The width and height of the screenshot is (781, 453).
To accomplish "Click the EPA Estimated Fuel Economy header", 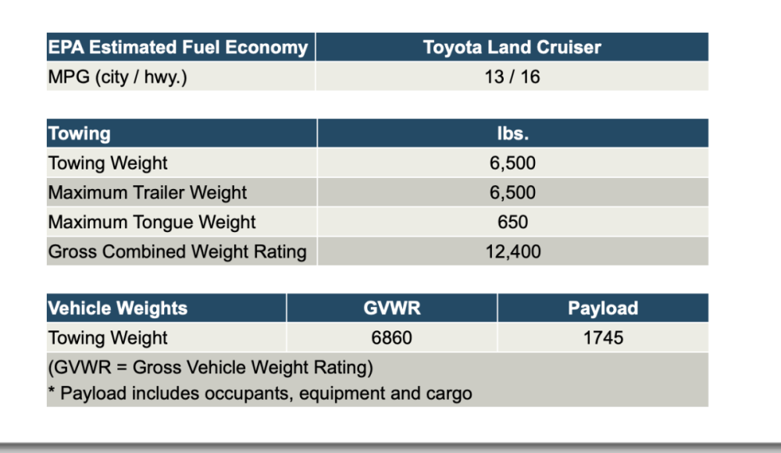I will pos(178,48).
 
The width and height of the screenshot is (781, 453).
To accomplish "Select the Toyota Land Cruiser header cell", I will pos(512,48).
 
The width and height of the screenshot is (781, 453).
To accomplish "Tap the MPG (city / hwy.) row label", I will pos(118,77).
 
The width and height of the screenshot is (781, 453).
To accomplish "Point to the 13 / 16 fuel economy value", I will pos(512,77).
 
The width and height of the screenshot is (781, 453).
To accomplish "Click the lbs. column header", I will pos(512,134).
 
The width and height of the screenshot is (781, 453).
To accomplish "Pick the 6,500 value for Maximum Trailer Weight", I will pos(512,193).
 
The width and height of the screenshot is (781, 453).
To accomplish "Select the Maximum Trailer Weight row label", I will pos(148,193).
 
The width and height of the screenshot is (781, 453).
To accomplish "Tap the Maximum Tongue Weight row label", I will pos(152,223).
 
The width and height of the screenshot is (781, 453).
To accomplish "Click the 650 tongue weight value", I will pos(512,223).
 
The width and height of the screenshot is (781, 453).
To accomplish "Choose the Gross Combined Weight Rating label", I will pos(177,252).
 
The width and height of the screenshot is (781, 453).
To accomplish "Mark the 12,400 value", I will pos(512,252).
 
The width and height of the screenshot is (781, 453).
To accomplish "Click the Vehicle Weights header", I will pos(118,308).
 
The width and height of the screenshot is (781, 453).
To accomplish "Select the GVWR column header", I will pos(392,308).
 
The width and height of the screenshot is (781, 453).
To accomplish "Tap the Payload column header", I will pos(603,308).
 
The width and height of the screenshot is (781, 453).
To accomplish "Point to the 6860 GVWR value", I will pos(392,338).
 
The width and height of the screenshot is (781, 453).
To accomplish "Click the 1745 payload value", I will pos(603,338).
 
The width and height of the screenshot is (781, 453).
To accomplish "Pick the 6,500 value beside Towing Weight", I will pos(512,163).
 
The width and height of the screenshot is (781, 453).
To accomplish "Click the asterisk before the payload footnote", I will pos(52,391).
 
